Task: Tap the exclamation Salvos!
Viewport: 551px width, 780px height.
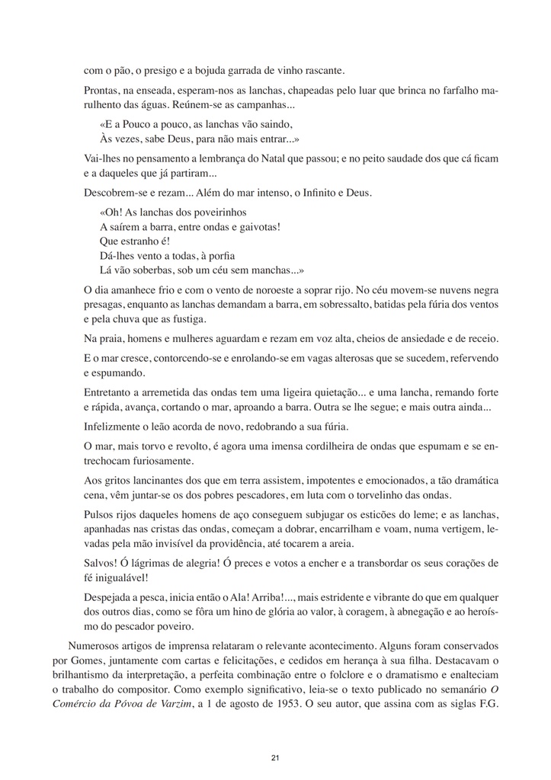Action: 102,563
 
